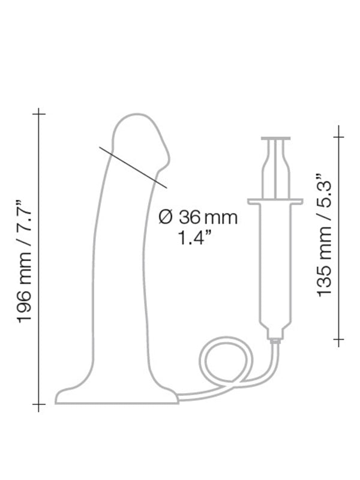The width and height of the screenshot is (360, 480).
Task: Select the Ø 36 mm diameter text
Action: coord(198,217)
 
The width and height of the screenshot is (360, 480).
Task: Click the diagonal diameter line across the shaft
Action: coord(133,167)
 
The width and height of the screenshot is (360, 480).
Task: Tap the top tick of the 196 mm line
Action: coord(38,114)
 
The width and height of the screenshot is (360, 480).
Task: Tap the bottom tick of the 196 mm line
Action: coord(38,404)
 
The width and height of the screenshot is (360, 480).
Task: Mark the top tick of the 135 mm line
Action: coord(338,137)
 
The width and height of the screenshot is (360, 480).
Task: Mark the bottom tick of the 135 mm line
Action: coord(338,339)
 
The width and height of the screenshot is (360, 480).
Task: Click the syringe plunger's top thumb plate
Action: coord(275,139)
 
